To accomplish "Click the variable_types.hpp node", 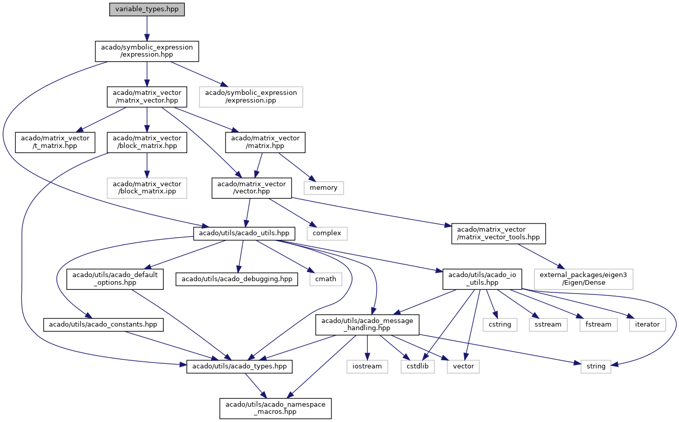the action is (147, 9).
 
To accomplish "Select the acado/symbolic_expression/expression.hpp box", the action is (147, 51).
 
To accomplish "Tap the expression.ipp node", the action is (251, 97).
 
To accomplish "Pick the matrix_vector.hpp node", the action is (147, 97).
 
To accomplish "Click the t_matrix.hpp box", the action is (55, 142).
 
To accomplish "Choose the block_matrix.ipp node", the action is (147, 188).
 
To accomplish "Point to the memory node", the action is (324, 188).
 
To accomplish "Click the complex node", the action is (327, 233).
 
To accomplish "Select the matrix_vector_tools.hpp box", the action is (498, 233).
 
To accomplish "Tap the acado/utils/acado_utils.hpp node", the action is (244, 233).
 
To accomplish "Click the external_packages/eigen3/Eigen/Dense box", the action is (584, 279).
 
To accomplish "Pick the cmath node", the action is (326, 279).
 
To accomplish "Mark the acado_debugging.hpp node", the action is (237, 279).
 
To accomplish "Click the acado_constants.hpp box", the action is (104, 325).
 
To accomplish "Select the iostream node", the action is (367, 366).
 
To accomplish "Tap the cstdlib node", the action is (418, 366).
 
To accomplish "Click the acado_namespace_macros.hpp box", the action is (275, 408).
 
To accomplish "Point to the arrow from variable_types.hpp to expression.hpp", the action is (147, 29).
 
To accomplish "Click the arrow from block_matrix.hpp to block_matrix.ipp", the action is (147, 165).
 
